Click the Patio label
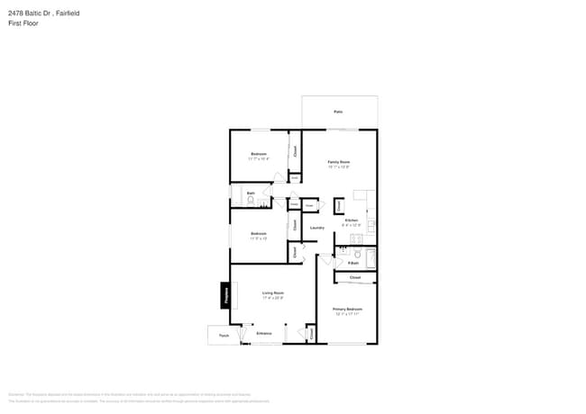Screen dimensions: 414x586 click(338, 112)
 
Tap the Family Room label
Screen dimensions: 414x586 click(338, 162)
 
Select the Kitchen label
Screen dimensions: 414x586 click(351, 220)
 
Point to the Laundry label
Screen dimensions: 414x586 click(317, 228)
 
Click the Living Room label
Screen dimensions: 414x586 click(273, 292)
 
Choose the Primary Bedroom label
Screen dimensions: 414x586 click(347, 309)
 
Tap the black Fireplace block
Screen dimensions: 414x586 click(224, 295)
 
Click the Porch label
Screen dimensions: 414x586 click(224, 335)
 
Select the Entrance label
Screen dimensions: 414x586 click(263, 334)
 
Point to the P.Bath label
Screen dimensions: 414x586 click(353, 263)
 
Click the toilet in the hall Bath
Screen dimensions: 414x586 click(251, 200)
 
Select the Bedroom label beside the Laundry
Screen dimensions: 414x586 click(259, 234)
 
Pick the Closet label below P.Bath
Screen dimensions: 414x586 click(355, 278)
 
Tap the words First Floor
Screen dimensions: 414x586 click(23, 23)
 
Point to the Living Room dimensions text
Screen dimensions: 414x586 click(273, 298)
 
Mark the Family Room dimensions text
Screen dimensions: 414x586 click(338, 167)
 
